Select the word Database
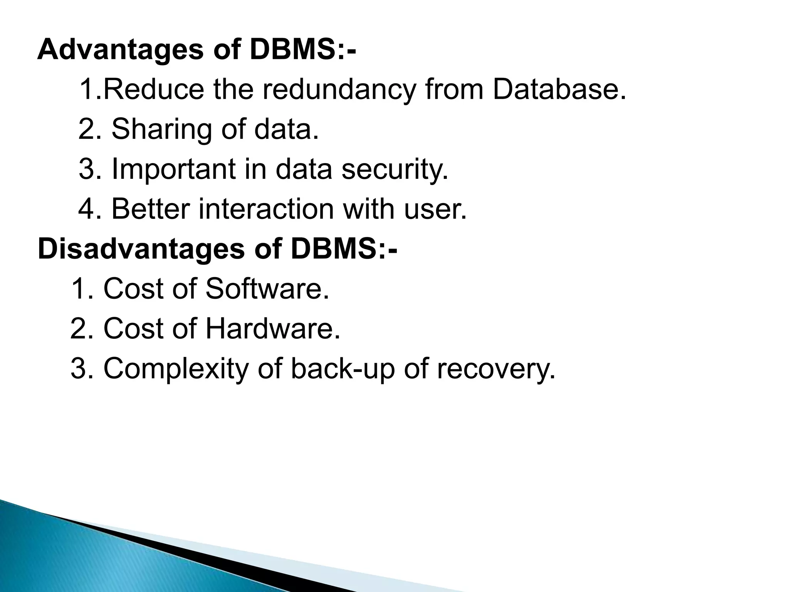click(559, 89)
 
